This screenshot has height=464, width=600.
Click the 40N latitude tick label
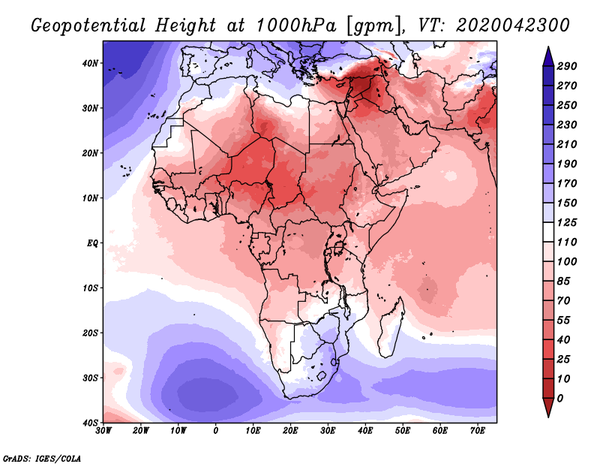pyautogui.click(x=89, y=63)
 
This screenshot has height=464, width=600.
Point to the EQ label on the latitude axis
pyautogui.click(x=91, y=243)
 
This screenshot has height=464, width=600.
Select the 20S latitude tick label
pyautogui.click(x=89, y=333)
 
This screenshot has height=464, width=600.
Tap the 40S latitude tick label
pyautogui.click(x=89, y=423)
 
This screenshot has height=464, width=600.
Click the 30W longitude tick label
pyautogui.click(x=103, y=431)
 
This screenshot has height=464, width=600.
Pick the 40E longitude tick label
pyautogui.click(x=365, y=431)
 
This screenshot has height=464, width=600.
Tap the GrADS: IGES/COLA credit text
pyautogui.click(x=42, y=457)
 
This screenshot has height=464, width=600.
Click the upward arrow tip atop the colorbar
pyautogui.click(x=548, y=50)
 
